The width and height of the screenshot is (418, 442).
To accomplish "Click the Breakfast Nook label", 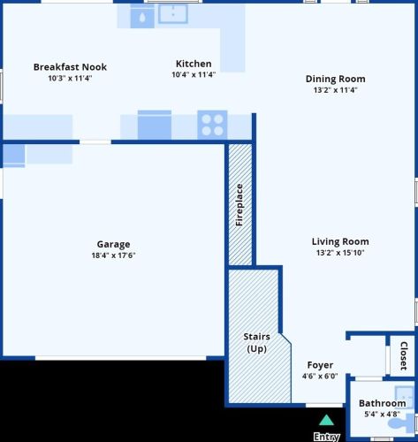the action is (70, 67).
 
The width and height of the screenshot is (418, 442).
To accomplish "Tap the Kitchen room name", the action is (194, 64).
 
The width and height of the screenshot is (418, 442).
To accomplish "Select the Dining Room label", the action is (336, 79).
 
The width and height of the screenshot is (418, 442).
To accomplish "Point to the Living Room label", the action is (340, 241).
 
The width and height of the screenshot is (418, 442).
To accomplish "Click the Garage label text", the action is (113, 244).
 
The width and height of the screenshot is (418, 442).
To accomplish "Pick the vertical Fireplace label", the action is (239, 205).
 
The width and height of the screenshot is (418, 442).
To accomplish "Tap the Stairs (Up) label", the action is (257, 343).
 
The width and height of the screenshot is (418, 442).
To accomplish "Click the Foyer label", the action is (320, 365).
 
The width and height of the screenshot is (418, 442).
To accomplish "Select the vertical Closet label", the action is (404, 356).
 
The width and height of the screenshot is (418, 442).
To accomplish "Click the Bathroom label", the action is (383, 403).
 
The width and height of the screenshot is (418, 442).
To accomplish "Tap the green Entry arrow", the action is (326, 421).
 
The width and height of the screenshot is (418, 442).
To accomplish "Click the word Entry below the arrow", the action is (326, 437).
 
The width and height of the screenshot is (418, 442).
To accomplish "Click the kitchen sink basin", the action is (173, 14).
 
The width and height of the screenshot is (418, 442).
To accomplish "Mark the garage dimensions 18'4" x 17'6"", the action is (113, 255).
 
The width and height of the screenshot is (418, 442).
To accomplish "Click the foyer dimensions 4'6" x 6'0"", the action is (320, 376).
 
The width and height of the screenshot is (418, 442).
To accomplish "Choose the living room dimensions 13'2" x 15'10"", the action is (340, 253).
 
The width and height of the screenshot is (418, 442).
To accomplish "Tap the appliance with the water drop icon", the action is (142, 18).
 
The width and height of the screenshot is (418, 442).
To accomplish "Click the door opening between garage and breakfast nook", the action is (95, 142).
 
